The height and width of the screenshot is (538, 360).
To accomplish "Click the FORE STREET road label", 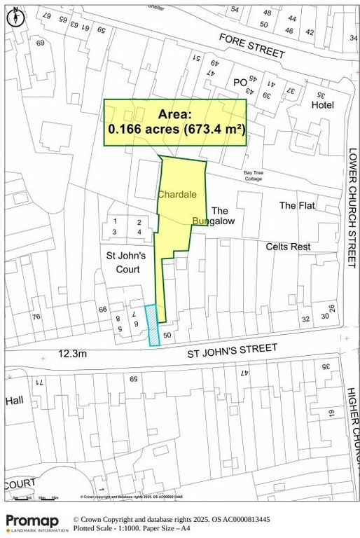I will coord(251,43).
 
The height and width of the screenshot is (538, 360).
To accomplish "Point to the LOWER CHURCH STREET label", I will coord(352,207).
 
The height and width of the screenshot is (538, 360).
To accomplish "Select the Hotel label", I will coord(323,105).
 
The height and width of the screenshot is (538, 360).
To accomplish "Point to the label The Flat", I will coord(298,206).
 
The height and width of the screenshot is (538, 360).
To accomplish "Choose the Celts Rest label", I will coord(288,247).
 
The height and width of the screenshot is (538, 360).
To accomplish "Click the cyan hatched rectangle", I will coord(151,325).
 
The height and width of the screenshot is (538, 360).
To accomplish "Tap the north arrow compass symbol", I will coord(16,17).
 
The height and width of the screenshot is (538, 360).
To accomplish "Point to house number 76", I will coord(36,317).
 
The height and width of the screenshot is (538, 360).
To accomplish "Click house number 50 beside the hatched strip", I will coord(167,336).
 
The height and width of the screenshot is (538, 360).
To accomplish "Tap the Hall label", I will coord(15,401).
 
